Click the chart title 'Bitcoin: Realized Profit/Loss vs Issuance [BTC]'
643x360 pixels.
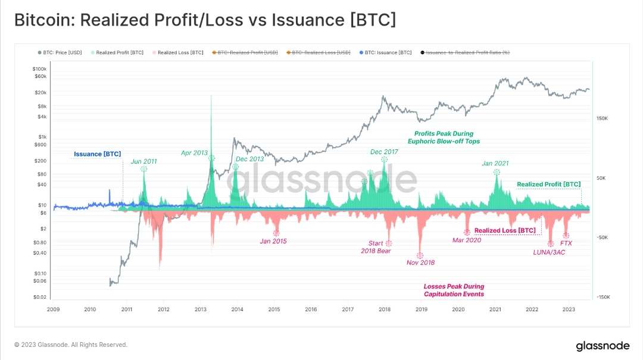pos(205,20)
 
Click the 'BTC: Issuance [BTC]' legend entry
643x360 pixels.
pos(388,52)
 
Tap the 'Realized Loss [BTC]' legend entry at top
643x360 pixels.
pos(173,52)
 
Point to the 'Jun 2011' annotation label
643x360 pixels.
pos(144,161)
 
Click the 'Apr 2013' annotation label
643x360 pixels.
pos(195,153)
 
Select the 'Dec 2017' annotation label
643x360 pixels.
pos(384,152)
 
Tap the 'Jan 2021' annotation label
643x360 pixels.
pos(495,163)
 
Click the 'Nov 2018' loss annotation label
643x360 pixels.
pos(420,262)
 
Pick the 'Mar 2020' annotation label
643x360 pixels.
pos(466,240)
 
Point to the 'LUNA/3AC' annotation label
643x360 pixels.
pos(549,252)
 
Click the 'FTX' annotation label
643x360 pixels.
pos(566,243)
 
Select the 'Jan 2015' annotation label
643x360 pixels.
pos(273,241)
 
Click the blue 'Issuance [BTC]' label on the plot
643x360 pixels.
pos(97,154)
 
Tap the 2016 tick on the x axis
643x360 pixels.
pos(311,309)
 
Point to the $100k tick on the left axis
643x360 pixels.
pos(39,69)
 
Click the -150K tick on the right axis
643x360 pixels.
pos(602,297)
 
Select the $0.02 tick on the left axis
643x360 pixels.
pos(40,297)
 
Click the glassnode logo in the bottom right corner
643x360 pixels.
pos(603,346)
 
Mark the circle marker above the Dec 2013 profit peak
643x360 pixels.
pos(235,167)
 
